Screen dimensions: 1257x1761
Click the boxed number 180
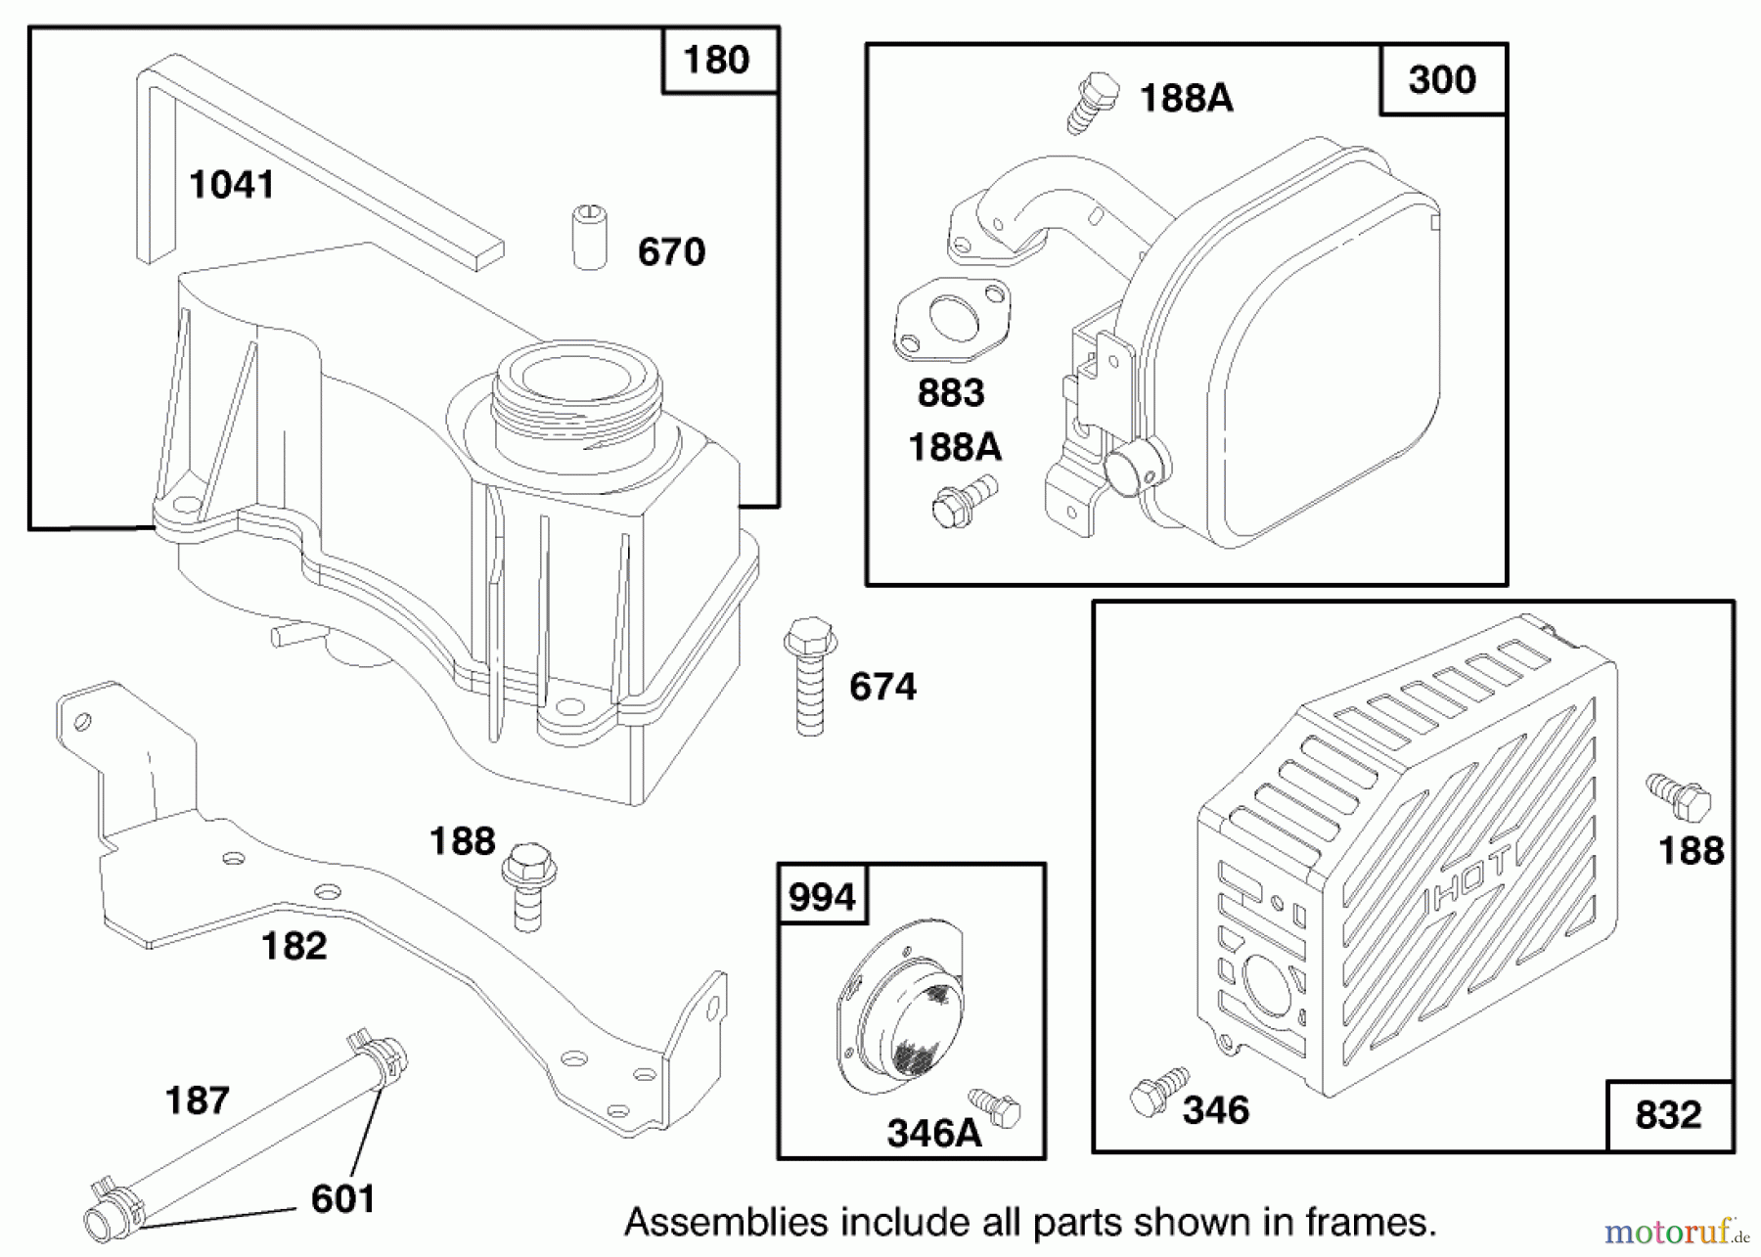click(717, 60)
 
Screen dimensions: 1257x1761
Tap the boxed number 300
click(1441, 79)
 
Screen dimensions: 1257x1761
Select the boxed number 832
click(1668, 1114)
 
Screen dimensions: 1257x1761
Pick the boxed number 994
click(822, 896)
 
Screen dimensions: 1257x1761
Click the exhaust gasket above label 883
click(951, 319)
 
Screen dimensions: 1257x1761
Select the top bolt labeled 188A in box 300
click(1091, 101)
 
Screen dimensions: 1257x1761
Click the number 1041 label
click(231, 184)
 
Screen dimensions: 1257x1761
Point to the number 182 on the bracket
click(293, 946)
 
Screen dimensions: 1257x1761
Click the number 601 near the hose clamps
click(342, 1198)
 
